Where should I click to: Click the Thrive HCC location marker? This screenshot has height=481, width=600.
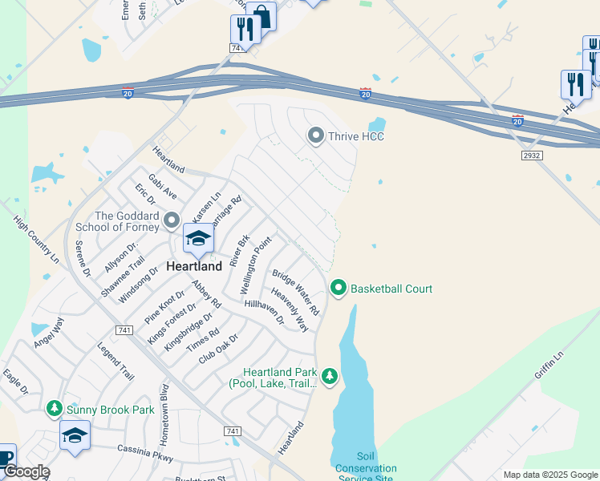[x=316, y=135]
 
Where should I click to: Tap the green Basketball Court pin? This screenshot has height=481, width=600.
[x=339, y=288]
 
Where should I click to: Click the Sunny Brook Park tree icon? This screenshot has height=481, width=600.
[x=54, y=409]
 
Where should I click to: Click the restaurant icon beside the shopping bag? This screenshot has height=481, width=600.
[x=245, y=30]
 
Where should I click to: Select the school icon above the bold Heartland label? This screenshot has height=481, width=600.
[x=198, y=238]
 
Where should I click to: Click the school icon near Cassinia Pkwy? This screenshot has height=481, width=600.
[x=75, y=435]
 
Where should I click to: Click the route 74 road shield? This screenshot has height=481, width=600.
[x=235, y=48]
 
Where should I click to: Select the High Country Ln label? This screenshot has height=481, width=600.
[x=37, y=240]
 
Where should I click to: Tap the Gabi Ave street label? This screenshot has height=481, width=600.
[x=162, y=188]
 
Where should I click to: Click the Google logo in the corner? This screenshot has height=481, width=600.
[x=26, y=472]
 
